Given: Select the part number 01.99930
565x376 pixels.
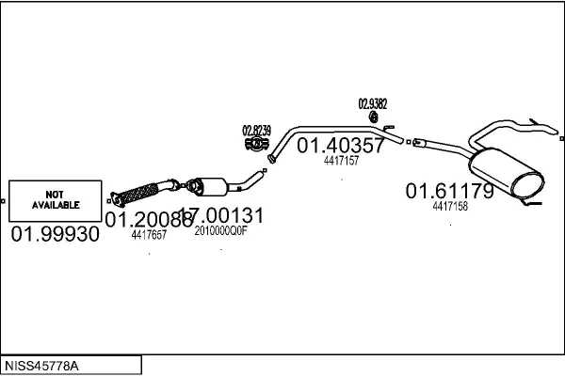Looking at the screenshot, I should pos(55,234).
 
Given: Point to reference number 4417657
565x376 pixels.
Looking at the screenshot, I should pos(149,235).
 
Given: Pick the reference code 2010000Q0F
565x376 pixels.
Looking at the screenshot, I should pos(220,230).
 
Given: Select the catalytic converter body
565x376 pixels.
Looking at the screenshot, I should pos(213,185).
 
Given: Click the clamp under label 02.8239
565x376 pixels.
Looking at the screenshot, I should pos(253,146).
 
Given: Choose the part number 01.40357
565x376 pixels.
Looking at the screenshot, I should pos(341,146).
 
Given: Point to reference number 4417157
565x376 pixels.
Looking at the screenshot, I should pos(341,161).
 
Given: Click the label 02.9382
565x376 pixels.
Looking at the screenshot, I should pos(374,103).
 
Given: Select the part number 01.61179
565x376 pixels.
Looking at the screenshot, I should pos(449,192).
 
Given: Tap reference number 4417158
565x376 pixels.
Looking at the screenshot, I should pos(450,206).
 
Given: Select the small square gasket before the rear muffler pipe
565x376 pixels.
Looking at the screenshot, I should pos(410,142).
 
